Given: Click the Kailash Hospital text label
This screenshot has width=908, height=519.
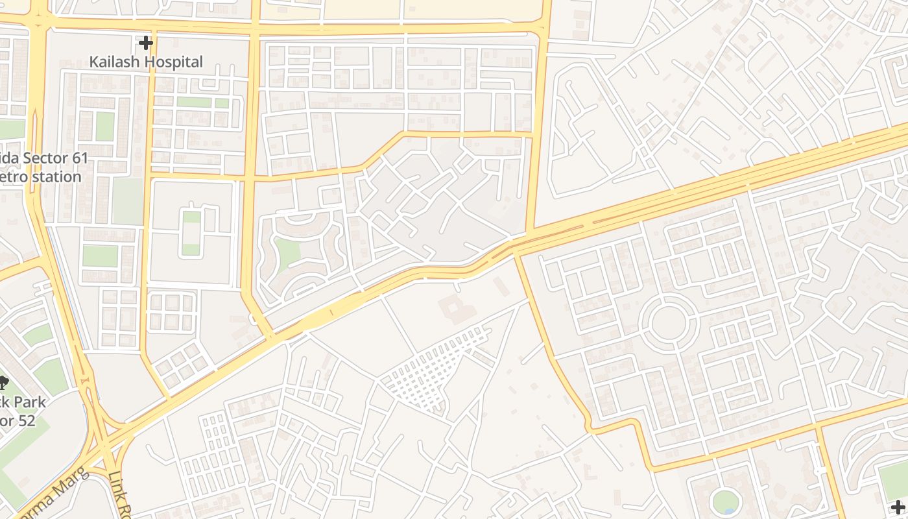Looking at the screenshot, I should [146, 62].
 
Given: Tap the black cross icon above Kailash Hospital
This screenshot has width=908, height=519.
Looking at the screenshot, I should [146, 43].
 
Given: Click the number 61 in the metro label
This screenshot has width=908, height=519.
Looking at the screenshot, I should [79, 159].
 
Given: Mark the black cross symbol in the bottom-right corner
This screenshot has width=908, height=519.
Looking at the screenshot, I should [898, 507].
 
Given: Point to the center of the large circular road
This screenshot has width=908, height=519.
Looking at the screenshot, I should [668, 322].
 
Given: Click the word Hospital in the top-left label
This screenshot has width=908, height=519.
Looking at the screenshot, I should [170, 62].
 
